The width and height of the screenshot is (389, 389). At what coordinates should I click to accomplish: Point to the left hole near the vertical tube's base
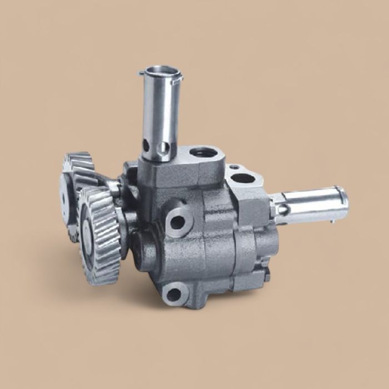(146, 146)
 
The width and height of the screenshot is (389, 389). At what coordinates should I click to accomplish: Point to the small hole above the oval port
(234, 166)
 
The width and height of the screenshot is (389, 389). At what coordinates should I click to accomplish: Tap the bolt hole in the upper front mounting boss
(178, 222)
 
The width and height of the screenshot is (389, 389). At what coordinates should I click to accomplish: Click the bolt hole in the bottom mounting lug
(174, 294)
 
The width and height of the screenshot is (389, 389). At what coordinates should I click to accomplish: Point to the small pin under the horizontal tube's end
(332, 221)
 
